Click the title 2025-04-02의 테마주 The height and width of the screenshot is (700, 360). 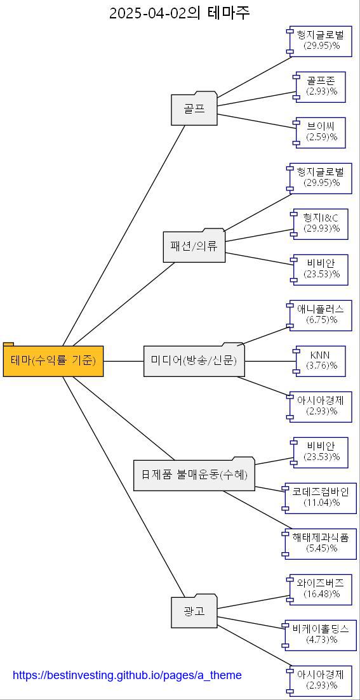[x=180, y=13]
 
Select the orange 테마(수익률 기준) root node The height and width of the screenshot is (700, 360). [x=53, y=361]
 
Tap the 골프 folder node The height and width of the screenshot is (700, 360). [x=194, y=109]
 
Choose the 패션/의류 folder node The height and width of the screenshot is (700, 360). [x=194, y=246]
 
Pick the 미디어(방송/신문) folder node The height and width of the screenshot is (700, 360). [x=194, y=361]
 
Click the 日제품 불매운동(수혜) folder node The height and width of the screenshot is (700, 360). [x=194, y=475]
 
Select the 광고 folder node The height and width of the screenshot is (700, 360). [x=194, y=612]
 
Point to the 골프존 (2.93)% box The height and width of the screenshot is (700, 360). [x=321, y=87]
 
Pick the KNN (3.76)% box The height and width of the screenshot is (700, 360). [x=321, y=361]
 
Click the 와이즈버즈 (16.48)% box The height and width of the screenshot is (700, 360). [x=321, y=590]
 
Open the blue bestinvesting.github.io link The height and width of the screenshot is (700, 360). [x=127, y=675]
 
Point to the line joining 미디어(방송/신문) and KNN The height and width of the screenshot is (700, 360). [x=270, y=361]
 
